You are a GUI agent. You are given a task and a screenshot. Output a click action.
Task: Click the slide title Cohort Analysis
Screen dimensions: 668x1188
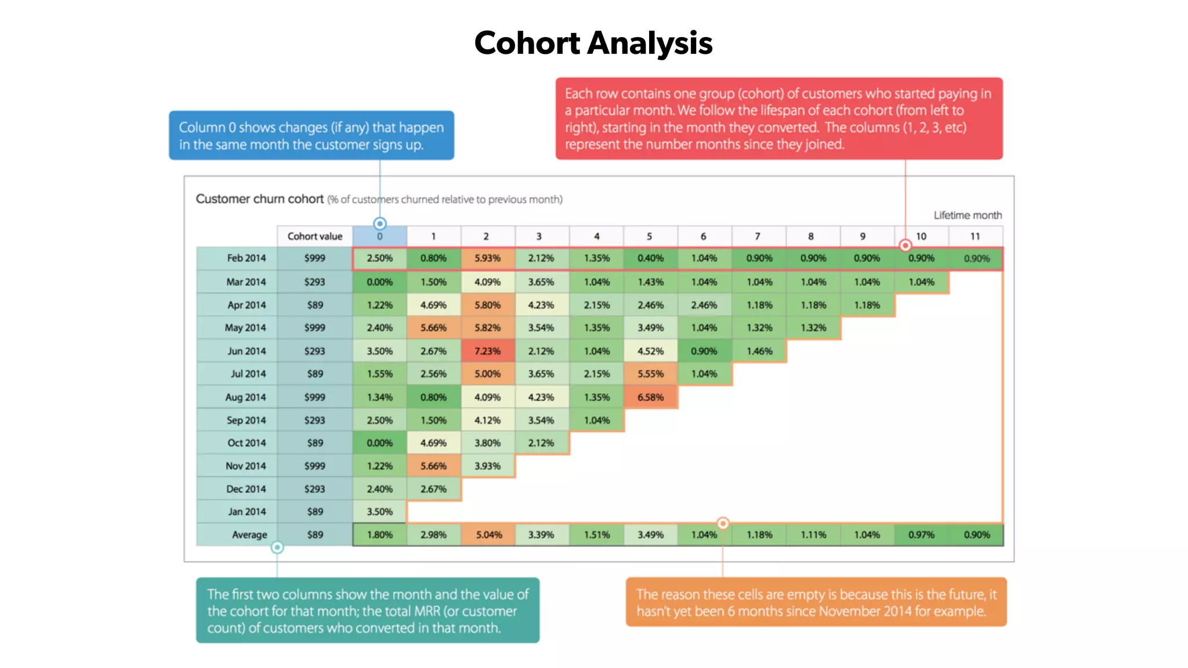[593, 43]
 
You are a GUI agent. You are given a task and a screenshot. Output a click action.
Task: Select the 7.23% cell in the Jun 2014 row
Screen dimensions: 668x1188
[487, 351]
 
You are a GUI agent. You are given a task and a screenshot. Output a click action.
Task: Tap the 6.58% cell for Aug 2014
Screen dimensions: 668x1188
[650, 397]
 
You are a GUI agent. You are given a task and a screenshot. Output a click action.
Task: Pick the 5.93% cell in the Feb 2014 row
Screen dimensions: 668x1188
[487, 258]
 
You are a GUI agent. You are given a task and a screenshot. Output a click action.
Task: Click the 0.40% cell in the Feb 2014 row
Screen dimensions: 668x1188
[650, 258]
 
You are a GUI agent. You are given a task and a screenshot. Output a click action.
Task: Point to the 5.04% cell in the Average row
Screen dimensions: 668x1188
[488, 535]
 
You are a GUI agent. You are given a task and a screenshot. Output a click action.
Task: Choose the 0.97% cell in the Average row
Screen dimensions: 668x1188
[921, 535]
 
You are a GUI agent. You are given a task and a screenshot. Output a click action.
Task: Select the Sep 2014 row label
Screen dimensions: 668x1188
[246, 420]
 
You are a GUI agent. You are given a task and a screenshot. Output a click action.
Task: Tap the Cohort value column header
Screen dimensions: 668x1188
[314, 236]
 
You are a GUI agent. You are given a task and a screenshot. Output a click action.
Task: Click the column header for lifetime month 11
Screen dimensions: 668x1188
[975, 236]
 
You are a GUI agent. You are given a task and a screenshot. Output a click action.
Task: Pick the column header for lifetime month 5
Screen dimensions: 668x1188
[649, 236]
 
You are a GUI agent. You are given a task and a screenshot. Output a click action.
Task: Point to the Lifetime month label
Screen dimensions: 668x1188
[968, 215]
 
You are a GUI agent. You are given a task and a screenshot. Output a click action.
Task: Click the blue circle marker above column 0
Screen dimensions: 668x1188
[380, 223]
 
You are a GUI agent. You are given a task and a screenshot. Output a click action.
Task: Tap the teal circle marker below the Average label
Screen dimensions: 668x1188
[277, 547]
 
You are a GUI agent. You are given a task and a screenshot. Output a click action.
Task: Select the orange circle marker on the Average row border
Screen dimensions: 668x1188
[723, 523]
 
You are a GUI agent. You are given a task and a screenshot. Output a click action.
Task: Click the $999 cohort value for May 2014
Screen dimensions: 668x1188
[314, 328]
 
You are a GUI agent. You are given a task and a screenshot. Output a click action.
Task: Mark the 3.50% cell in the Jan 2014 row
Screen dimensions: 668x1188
[379, 511]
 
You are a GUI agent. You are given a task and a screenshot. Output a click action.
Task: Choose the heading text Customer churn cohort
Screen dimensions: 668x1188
[259, 199]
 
